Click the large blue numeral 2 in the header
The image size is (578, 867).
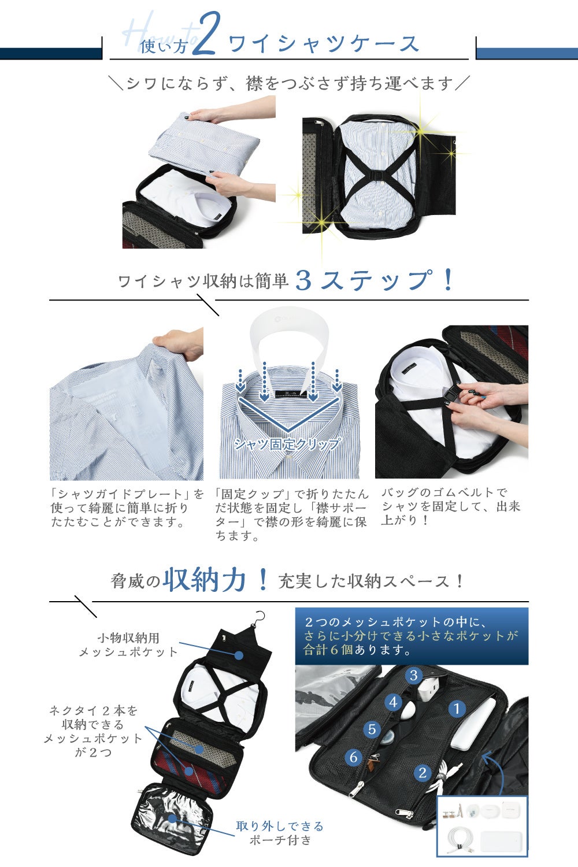[x=207, y=33]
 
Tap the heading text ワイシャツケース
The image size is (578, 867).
[x=324, y=43]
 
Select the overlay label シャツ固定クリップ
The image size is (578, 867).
[x=288, y=443]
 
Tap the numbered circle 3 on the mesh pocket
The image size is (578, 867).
[x=413, y=676]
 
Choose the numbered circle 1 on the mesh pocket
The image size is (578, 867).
[x=457, y=709]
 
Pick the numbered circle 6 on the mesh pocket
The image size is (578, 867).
[x=354, y=757]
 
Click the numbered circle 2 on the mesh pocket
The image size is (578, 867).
[x=423, y=773]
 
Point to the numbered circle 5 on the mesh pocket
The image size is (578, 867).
[x=372, y=729]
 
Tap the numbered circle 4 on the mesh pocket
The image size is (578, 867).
[x=394, y=702]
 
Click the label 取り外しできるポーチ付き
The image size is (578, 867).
[x=280, y=832]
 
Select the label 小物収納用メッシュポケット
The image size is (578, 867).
[x=128, y=645]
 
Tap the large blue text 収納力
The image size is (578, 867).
[x=204, y=580]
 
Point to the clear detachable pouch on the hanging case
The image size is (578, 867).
[x=173, y=817]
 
